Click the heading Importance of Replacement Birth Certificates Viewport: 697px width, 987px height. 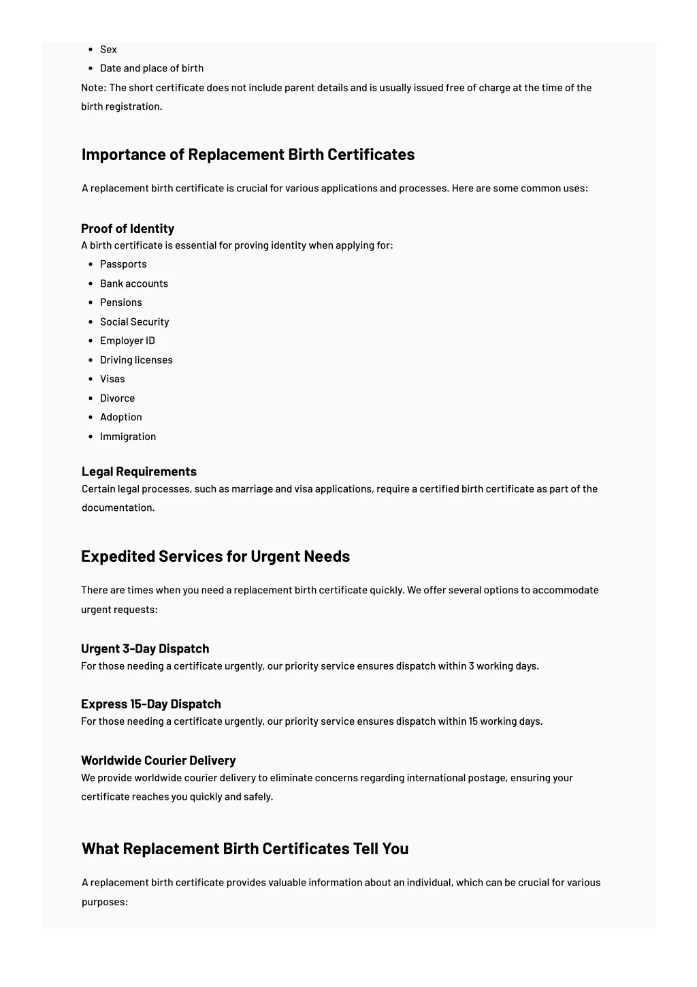pyautogui.click(x=248, y=155)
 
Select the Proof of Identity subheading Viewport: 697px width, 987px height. pyautogui.click(x=127, y=229)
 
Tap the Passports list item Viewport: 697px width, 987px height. pyautogui.click(x=123, y=264)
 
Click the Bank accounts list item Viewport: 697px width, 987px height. pyautogui.click(x=134, y=283)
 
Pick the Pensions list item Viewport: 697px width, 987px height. pyautogui.click(x=121, y=302)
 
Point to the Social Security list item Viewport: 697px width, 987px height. pyautogui.click(x=134, y=322)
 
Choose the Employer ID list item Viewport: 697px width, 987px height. pyautogui.click(x=127, y=341)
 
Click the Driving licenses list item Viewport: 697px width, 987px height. pyautogui.click(x=136, y=360)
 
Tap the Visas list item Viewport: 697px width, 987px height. pyautogui.click(x=112, y=379)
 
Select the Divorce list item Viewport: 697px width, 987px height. pyautogui.click(x=117, y=398)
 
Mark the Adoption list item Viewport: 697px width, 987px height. pyautogui.click(x=121, y=417)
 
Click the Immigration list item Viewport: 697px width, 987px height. pyautogui.click(x=128, y=437)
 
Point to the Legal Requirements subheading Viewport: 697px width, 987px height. pyautogui.click(x=139, y=471)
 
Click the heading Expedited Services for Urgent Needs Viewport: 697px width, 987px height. pyautogui.click(x=215, y=557)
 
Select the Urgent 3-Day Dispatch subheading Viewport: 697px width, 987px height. pyautogui.click(x=145, y=648)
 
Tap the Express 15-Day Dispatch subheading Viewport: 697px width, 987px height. pyautogui.click(x=151, y=704)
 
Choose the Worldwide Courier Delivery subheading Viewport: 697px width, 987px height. pyautogui.click(x=159, y=760)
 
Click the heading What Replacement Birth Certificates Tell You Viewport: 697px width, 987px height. pyautogui.click(x=245, y=849)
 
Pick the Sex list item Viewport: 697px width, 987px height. pyautogui.click(x=108, y=49)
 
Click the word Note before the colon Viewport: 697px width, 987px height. pyautogui.click(x=93, y=88)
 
